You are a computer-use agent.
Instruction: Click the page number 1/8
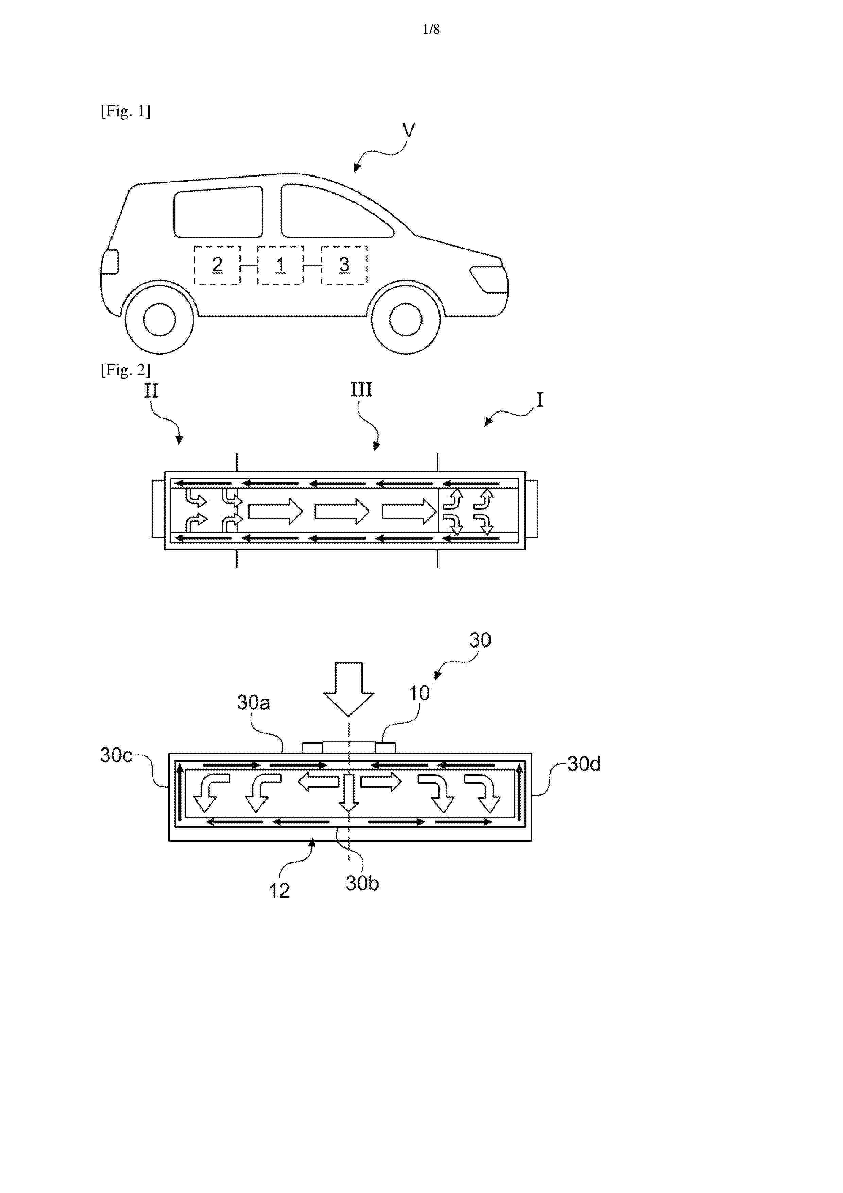pyautogui.click(x=431, y=30)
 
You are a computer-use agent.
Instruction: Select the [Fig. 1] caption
pyautogui.click(x=125, y=111)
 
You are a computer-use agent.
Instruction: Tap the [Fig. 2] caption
pyautogui.click(x=125, y=370)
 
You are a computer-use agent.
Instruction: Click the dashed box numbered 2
pyautogui.click(x=218, y=265)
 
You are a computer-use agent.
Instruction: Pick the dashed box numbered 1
pyautogui.click(x=280, y=265)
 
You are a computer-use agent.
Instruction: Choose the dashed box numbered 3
pyautogui.click(x=344, y=265)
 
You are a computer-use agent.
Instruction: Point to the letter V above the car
pyautogui.click(x=409, y=130)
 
